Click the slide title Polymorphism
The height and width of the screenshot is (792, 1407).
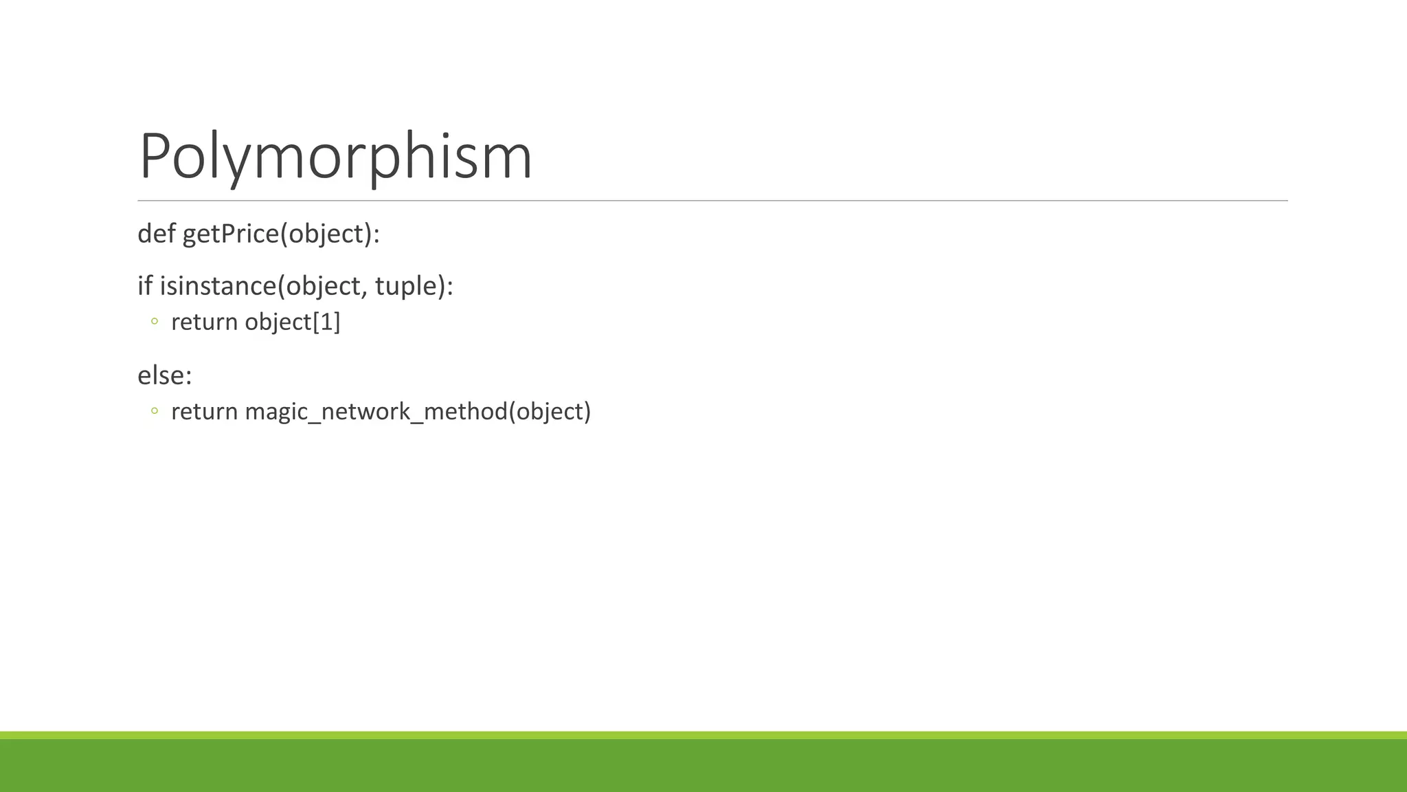coord(335,156)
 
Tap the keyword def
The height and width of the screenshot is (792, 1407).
coord(157,234)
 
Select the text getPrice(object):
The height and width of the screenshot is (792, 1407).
coord(281,234)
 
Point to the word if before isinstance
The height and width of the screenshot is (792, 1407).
coord(144,285)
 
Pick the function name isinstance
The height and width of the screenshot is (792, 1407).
coord(218,285)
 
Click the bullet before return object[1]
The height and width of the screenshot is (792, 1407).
coord(155,321)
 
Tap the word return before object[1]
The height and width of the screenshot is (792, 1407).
coord(204,322)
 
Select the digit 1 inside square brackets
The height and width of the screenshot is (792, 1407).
coord(326,322)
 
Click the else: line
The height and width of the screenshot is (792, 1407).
coord(165,375)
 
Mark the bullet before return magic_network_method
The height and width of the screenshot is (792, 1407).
coord(155,411)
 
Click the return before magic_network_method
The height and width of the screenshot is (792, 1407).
coord(204,411)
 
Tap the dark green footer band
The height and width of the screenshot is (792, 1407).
coord(703,766)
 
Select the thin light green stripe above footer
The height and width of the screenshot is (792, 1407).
coord(703,735)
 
